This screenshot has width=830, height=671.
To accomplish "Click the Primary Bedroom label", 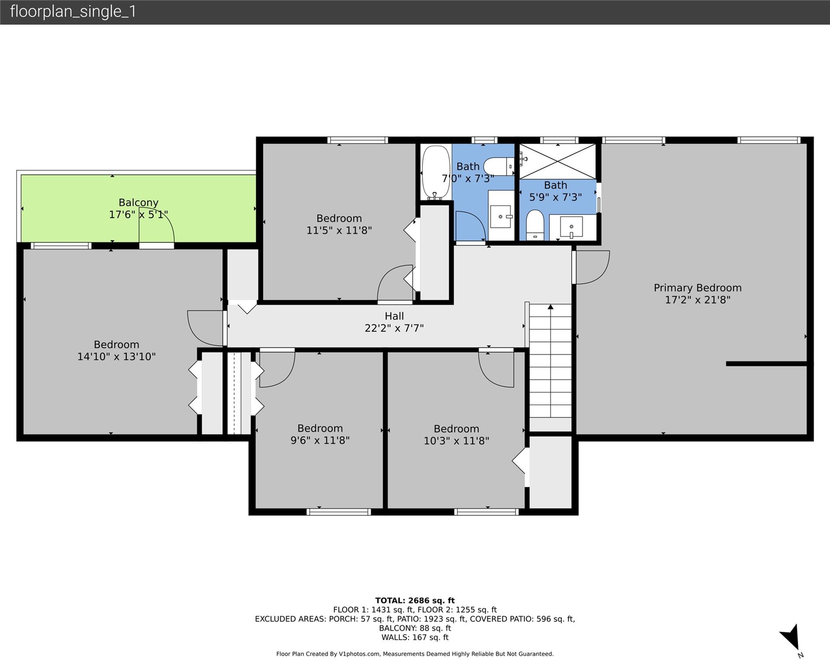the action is coord(697,288).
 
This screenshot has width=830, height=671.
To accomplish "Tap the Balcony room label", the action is coord(138,203).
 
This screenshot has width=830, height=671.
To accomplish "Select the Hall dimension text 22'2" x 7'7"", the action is coord(394,328).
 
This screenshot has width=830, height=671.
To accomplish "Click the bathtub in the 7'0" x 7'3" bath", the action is coord(436,172).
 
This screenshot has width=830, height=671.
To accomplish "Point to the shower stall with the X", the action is coord(557,161).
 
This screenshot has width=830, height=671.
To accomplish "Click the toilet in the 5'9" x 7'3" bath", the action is coord(535,225).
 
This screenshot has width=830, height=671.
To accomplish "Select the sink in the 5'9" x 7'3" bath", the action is coord(571,227).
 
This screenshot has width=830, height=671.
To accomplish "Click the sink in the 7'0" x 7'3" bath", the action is coord(501,216).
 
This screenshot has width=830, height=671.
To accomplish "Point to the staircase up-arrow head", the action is coord(550,307).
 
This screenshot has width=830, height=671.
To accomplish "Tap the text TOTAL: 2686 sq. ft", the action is coord(415,601).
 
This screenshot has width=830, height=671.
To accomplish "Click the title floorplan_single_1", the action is coord(73,12).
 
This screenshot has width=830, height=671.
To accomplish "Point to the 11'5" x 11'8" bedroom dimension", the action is coord(339,230).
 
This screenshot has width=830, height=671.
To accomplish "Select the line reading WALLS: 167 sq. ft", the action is coord(415,637).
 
